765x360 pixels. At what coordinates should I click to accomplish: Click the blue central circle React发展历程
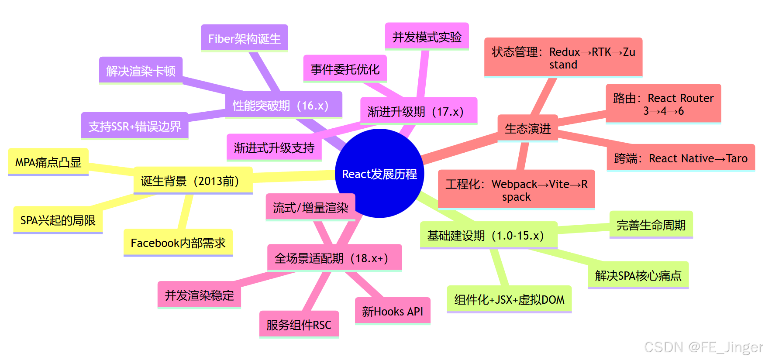(x=379, y=174)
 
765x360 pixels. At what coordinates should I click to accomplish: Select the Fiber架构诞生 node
(x=244, y=38)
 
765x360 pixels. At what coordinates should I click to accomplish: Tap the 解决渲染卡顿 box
(x=141, y=70)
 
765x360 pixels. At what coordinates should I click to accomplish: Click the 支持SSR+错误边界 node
(x=134, y=126)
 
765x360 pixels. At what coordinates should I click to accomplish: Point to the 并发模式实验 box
(x=427, y=37)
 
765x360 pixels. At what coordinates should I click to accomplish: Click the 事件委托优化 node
(x=345, y=69)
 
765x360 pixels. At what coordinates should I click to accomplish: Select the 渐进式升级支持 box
(x=274, y=147)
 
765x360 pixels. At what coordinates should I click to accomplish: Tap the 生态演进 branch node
(x=527, y=128)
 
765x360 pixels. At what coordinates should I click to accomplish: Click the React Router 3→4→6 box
(x=663, y=104)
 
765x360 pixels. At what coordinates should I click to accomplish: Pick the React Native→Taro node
(x=680, y=158)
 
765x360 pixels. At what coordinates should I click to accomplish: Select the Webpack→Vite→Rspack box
(x=516, y=190)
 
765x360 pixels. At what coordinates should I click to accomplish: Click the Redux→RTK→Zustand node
(x=563, y=58)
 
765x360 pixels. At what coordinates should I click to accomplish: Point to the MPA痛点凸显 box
(x=48, y=162)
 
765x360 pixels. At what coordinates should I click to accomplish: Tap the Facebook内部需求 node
(x=178, y=242)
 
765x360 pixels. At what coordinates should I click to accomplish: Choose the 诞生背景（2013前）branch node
(x=193, y=181)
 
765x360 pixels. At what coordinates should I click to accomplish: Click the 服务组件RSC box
(x=299, y=324)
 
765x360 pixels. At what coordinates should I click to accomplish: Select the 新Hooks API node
(x=392, y=311)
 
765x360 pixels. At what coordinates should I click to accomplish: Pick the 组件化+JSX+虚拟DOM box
(x=509, y=299)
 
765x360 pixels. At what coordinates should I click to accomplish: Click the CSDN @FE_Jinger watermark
(x=703, y=347)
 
